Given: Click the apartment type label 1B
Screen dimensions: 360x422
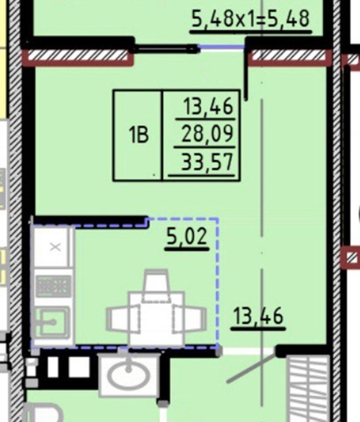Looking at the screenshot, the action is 138,135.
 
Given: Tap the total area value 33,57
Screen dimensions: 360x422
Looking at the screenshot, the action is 207,162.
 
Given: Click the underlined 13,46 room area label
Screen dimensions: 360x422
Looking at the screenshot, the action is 258,316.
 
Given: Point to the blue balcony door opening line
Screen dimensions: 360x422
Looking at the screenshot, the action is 221,47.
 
